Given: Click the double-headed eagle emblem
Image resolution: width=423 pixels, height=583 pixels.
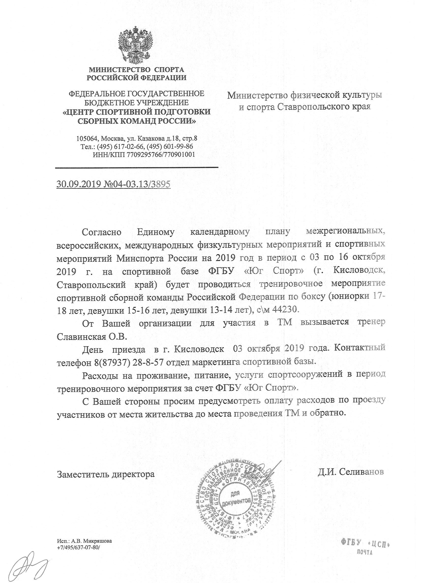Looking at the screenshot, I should click(135, 48).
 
